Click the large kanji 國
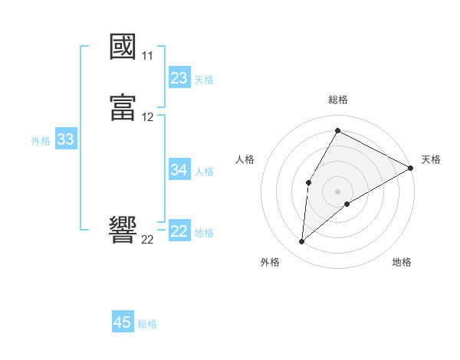[x=123, y=47]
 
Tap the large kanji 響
[x=123, y=230]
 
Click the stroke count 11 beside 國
[x=148, y=56]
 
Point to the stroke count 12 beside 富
[x=148, y=117]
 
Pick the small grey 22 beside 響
[x=148, y=239]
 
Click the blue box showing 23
[x=179, y=77]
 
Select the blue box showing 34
[x=179, y=169]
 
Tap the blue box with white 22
[x=179, y=231]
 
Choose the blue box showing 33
[x=65, y=139]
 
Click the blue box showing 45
[x=123, y=322]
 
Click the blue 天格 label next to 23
[x=204, y=79]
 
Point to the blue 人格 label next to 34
[x=204, y=171]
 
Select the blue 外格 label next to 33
[x=41, y=141]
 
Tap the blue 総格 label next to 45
[x=147, y=324]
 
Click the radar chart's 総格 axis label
[x=338, y=100]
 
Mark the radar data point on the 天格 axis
[x=411, y=169]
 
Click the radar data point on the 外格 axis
[x=302, y=242]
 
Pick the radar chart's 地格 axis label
[x=402, y=262]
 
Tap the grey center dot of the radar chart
[x=338, y=191]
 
